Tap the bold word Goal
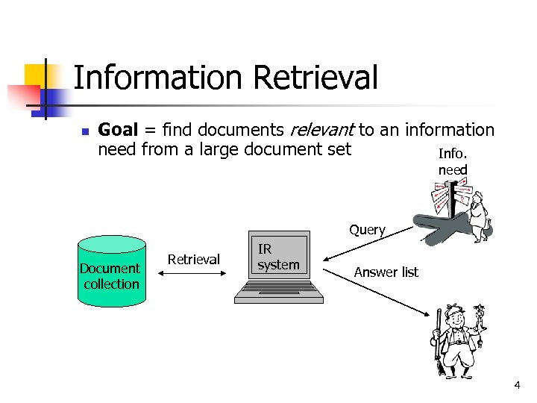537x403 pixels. (117, 131)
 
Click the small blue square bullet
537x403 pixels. (84, 132)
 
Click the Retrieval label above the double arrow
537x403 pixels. (194, 260)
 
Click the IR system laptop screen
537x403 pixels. (278, 258)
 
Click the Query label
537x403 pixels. (367, 230)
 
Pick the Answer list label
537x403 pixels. (386, 272)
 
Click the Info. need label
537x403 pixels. (453, 162)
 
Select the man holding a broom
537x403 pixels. (456, 340)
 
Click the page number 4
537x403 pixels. (516, 385)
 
